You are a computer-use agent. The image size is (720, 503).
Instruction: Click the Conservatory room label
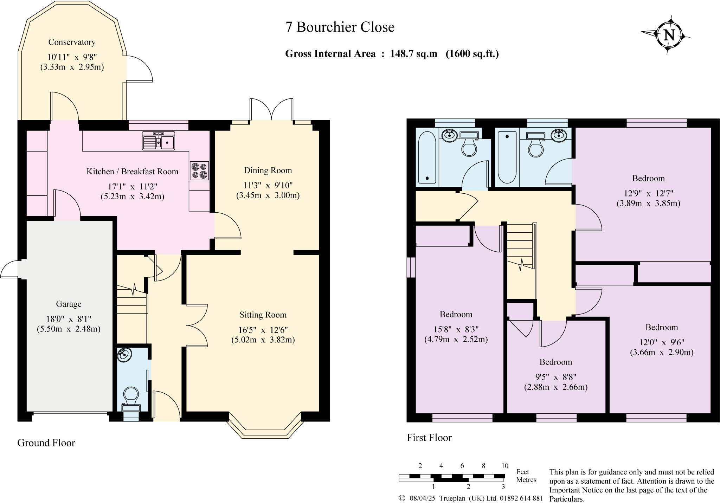pyautogui.click(x=72, y=42)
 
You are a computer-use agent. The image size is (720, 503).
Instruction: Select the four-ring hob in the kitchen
pyautogui.click(x=199, y=170)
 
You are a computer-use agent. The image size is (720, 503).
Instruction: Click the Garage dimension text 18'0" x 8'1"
pyautogui.click(x=69, y=319)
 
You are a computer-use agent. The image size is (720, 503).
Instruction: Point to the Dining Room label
pyautogui.click(x=268, y=170)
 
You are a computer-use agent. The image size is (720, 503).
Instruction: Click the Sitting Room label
pyautogui.click(x=263, y=315)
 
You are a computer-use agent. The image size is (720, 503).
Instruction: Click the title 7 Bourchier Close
pyautogui.click(x=340, y=27)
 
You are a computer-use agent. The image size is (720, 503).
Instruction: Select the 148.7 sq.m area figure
pyautogui.click(x=413, y=54)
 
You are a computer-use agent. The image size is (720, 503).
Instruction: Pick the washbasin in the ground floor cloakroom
pyautogui.click(x=124, y=355)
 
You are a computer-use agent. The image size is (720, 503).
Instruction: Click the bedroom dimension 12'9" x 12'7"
pyautogui.click(x=648, y=193)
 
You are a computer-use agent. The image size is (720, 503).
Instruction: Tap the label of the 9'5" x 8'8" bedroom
pyautogui.click(x=556, y=362)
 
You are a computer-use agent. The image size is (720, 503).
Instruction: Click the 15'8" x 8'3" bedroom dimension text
pyautogui.click(x=456, y=329)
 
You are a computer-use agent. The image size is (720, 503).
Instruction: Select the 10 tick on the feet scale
pyautogui.click(x=504, y=466)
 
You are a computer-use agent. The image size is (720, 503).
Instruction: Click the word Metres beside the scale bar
pyautogui.click(x=526, y=480)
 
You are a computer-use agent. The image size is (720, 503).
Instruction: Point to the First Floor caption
pyautogui.click(x=429, y=438)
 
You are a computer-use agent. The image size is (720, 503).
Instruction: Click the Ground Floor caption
pyautogui.click(x=46, y=443)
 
